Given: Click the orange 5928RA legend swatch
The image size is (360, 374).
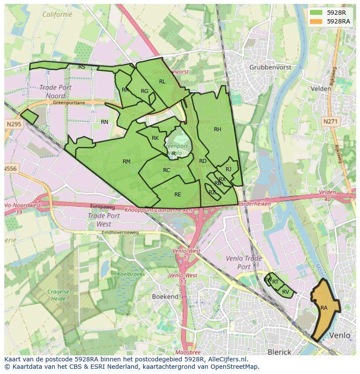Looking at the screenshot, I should (317, 21).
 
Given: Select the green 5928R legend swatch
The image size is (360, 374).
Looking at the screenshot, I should (317, 13).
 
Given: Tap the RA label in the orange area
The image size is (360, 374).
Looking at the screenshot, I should (324, 308).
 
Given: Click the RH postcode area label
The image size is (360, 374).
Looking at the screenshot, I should (217, 129).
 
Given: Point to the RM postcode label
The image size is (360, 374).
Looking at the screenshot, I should (127, 162).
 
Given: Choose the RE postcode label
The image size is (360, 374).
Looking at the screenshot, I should (177, 195).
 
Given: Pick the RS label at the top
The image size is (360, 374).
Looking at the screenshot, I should (82, 67).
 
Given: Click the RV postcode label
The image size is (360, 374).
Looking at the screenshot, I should (286, 292).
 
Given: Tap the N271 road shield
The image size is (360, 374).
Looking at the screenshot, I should (330, 122).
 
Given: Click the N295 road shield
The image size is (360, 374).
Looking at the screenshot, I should (14, 124).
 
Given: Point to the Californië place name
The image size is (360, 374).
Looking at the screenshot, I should (57, 14).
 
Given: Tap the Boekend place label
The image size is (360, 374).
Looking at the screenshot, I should (165, 296).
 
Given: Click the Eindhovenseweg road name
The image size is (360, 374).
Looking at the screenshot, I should (120, 232).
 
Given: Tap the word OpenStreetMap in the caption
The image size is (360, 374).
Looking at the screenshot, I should (239, 367).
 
